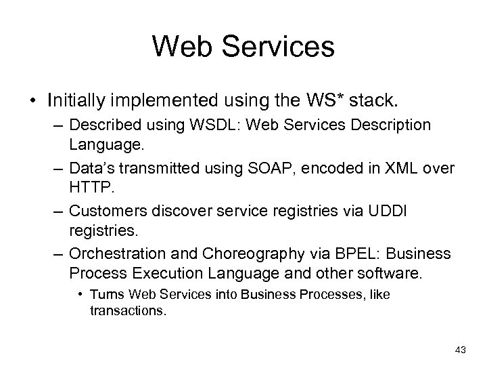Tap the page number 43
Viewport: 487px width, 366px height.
coord(461,350)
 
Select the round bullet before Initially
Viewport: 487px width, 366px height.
coord(32,101)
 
